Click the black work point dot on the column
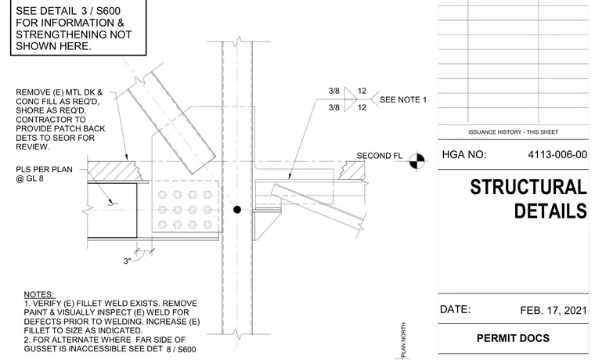point(237,210)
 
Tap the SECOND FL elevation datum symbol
point(417,161)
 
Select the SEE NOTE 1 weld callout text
point(403,99)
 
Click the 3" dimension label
point(127,261)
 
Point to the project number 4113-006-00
point(557,155)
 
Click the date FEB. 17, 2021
point(554,311)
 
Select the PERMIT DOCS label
point(513,338)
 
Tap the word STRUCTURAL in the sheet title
point(528,187)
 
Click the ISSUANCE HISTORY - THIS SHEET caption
point(513,132)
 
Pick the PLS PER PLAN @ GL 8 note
point(44,174)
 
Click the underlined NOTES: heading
point(38,294)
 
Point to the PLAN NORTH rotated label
point(403,340)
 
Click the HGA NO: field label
point(463,155)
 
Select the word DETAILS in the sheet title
point(550,211)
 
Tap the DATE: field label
point(455,310)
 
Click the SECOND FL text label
point(379,156)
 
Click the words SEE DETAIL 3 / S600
point(68,11)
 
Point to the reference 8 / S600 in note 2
point(182,349)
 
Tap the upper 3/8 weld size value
point(334,91)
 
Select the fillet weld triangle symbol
point(349,99)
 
